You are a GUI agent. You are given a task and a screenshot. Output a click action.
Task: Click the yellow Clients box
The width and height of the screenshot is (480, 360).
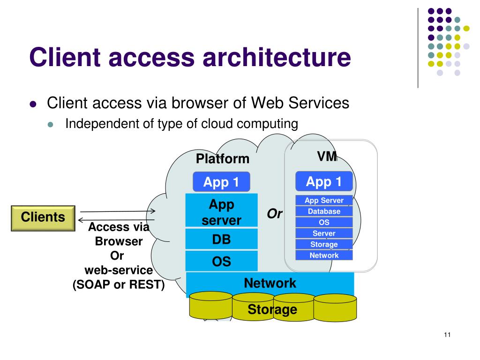[x=43, y=217]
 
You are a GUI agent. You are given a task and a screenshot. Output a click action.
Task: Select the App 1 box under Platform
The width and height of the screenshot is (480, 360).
[x=221, y=182]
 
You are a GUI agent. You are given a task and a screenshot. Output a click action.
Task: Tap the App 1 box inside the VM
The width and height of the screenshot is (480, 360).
[x=324, y=182]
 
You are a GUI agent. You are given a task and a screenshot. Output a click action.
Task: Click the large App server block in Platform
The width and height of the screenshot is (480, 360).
[x=222, y=212]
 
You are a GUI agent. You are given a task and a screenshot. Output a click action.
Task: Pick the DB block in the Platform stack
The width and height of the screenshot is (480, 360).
[x=222, y=240]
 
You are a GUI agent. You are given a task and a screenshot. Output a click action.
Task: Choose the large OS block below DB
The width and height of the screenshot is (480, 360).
[x=222, y=261]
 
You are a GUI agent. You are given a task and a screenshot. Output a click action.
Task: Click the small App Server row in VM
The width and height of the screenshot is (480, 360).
[x=324, y=201]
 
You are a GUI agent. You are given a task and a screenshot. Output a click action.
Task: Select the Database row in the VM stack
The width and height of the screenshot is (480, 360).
[x=324, y=211]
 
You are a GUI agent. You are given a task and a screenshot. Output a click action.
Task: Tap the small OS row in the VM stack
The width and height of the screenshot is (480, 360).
[x=324, y=222]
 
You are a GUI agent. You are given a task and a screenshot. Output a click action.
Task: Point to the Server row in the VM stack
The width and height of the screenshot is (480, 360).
[x=324, y=233]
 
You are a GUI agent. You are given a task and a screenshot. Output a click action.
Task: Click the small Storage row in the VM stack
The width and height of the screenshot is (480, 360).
[x=324, y=244]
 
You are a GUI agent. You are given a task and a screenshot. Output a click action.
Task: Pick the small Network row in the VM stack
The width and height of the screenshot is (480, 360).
[x=324, y=255]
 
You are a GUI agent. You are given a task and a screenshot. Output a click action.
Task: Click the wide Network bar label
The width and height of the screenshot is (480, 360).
[x=270, y=283]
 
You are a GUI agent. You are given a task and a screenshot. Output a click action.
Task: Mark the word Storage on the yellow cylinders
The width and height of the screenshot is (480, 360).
[x=272, y=309]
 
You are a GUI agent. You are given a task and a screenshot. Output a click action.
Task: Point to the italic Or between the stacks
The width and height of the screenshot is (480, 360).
[x=275, y=214]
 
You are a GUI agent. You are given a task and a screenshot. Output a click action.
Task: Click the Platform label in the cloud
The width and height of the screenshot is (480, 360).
[x=223, y=159]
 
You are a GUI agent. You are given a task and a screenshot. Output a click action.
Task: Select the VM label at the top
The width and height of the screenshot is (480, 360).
[x=327, y=157]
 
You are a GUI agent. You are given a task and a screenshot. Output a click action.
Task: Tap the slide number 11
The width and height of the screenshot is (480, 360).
[x=446, y=335]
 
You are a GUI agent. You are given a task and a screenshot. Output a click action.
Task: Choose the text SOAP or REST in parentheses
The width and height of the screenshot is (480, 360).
[x=119, y=285]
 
